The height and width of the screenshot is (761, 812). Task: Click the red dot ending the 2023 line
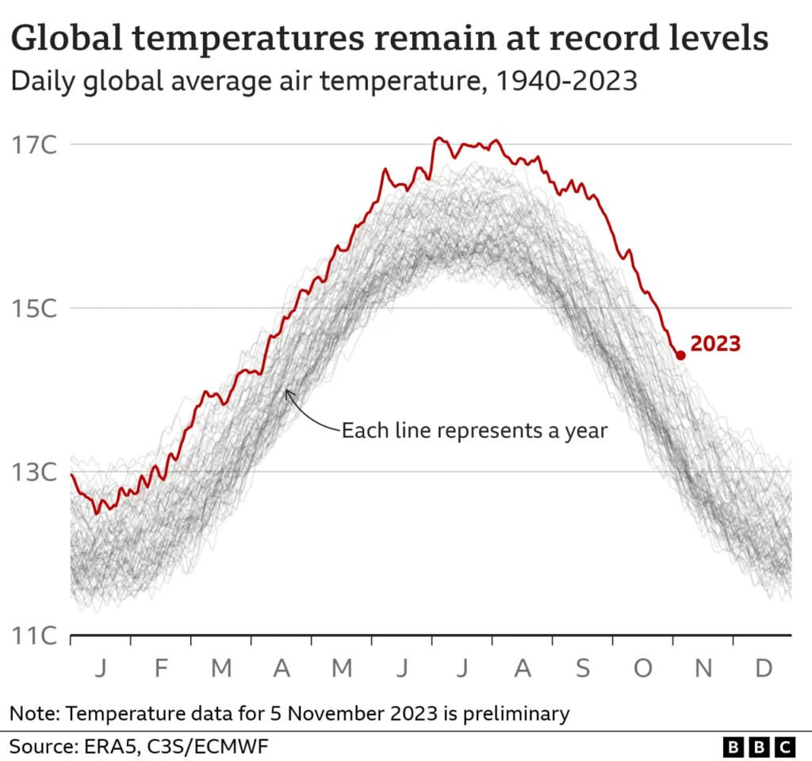point(680,355)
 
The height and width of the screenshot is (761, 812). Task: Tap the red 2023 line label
point(715,344)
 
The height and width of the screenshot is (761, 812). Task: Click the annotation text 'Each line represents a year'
point(473,431)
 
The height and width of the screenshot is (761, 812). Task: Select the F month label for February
point(161,669)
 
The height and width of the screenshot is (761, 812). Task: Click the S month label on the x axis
point(583,669)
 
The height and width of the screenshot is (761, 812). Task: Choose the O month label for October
point(642,669)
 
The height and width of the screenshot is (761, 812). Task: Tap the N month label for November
point(703,669)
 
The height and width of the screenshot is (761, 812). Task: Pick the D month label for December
point(764,669)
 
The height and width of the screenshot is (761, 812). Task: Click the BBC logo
point(759,747)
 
